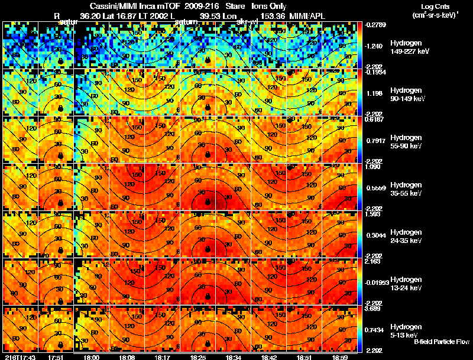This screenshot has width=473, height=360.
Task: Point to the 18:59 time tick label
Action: pos(339,357)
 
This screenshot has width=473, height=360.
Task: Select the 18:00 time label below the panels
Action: pos(92,357)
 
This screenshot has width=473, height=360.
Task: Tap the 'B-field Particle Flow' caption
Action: pos(442,341)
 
